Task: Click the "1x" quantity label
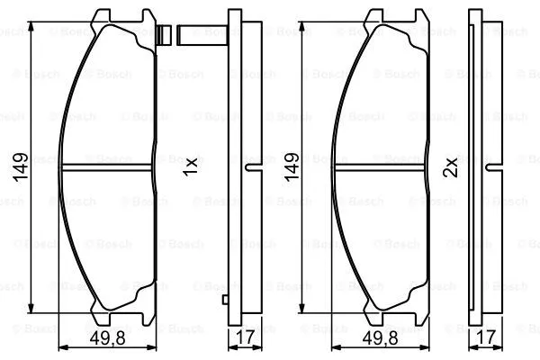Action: coord(191,166)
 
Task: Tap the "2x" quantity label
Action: coord(452,166)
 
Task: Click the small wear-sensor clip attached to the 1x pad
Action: coord(165,36)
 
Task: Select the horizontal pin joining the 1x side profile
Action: coord(202,37)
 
